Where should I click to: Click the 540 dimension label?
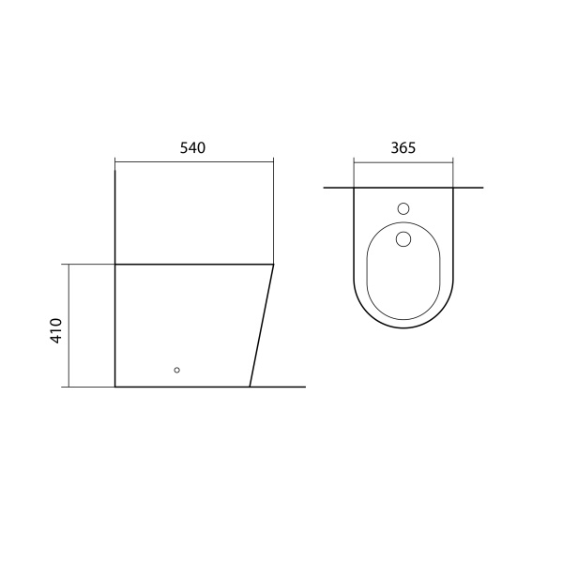click(x=192, y=148)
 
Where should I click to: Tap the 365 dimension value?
click(x=403, y=148)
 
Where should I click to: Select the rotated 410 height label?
click(x=56, y=330)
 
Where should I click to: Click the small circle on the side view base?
click(x=176, y=370)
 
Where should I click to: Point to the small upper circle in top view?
click(x=403, y=208)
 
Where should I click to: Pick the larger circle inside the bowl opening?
click(x=403, y=238)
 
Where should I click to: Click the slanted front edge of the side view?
click(x=262, y=326)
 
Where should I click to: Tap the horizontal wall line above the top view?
click(x=403, y=188)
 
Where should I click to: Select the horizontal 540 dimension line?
click(x=194, y=162)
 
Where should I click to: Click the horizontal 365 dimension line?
click(x=403, y=162)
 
